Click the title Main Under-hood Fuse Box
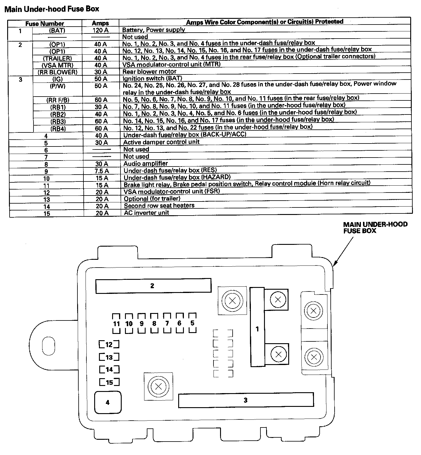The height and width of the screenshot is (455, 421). [52, 9]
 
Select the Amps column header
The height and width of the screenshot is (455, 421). [100, 23]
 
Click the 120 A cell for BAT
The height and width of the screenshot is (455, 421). [100, 30]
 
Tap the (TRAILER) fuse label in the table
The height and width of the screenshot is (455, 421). [57, 58]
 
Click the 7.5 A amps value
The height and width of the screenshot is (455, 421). [102, 171]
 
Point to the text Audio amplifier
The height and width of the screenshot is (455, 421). [146, 164]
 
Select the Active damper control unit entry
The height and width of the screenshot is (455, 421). [161, 142]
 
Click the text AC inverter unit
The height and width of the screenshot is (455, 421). [146, 213]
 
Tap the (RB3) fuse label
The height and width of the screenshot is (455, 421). [58, 121]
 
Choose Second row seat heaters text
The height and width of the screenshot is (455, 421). [159, 205]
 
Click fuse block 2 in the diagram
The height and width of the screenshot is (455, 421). [153, 286]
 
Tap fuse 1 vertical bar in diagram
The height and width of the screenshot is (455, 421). [257, 327]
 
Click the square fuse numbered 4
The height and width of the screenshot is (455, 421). [108, 402]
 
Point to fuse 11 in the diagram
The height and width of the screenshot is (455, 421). [116, 323]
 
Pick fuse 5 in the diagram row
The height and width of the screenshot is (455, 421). [192, 323]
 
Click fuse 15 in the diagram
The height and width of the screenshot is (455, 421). [109, 382]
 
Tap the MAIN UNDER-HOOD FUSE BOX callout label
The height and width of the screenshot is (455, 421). [375, 227]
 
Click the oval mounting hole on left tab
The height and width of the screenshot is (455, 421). [48, 345]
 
